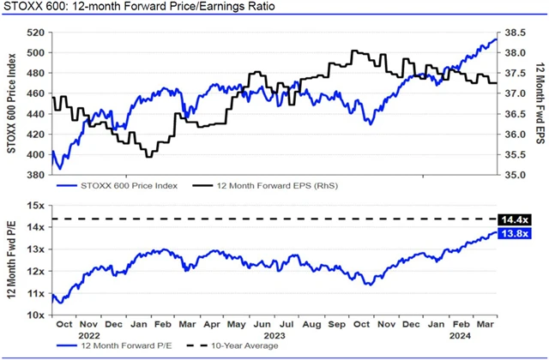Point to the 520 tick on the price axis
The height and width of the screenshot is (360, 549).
coord(34,33)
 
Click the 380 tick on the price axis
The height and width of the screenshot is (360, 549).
coord(34,175)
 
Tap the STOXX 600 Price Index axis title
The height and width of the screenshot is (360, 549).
coord(12,104)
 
